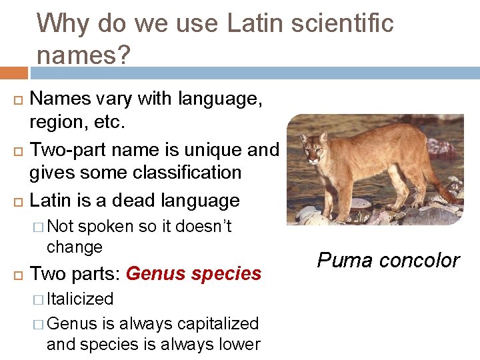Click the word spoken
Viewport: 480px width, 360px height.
(106, 227)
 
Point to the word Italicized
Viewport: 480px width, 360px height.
(81, 299)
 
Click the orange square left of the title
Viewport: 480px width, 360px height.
(13, 72)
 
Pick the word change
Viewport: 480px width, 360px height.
(75, 247)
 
